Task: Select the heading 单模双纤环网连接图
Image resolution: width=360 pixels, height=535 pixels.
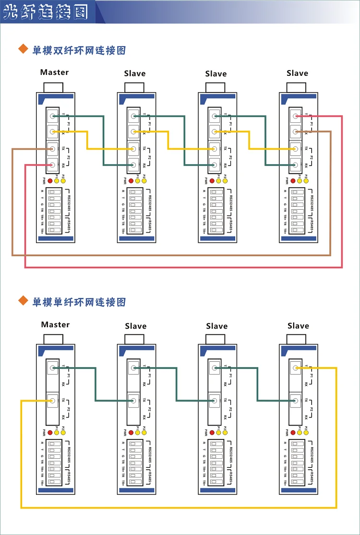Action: (79, 50)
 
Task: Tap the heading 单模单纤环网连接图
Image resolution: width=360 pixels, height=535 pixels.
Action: (79, 302)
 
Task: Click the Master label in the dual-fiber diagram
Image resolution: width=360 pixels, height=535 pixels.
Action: (54, 72)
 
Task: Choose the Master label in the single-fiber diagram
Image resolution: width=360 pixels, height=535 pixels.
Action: (55, 325)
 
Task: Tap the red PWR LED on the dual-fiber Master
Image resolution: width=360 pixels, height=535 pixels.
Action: (50, 181)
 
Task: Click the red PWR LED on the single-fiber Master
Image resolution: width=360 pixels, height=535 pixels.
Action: (50, 433)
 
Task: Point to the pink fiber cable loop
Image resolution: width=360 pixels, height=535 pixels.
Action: (182, 267)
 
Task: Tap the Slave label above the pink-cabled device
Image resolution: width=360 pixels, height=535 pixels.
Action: (297, 73)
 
